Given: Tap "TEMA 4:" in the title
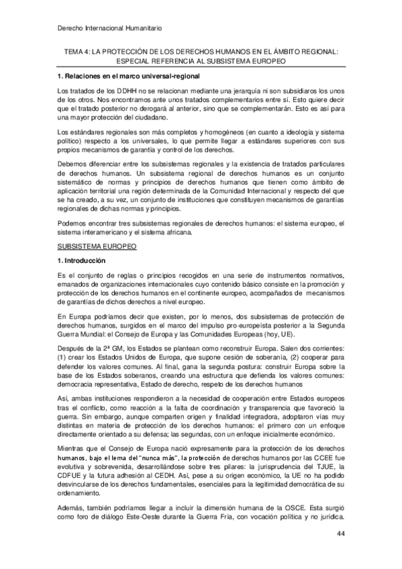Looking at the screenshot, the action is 77,49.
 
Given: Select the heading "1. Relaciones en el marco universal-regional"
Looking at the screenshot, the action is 128,76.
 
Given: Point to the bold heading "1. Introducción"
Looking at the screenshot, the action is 83,260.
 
